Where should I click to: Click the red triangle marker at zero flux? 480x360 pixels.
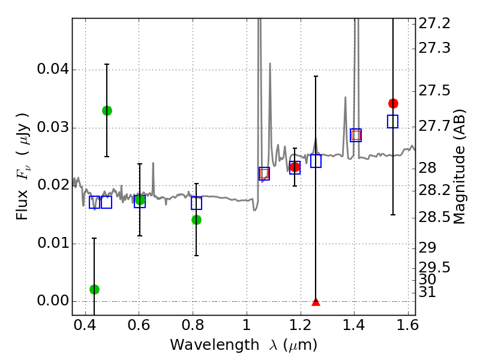pyautogui.click(x=316, y=301)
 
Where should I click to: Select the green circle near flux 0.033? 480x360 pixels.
pyautogui.click(x=107, y=110)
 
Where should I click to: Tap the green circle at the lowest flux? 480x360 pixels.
pyautogui.click(x=94, y=289)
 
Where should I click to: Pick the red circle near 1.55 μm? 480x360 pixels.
pyautogui.click(x=393, y=103)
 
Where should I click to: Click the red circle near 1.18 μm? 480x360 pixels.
pyautogui.click(x=295, y=167)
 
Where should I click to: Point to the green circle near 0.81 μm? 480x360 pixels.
pyautogui.click(x=196, y=220)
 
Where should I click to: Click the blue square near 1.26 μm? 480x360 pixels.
pyautogui.click(x=316, y=161)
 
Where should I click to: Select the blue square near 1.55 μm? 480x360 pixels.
pyautogui.click(x=393, y=121)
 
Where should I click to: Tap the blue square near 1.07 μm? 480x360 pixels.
pyautogui.click(x=264, y=173)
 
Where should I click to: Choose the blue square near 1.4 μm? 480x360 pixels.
pyautogui.click(x=356, y=135)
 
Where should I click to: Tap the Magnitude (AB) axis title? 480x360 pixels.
pyautogui.click(x=460, y=166)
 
